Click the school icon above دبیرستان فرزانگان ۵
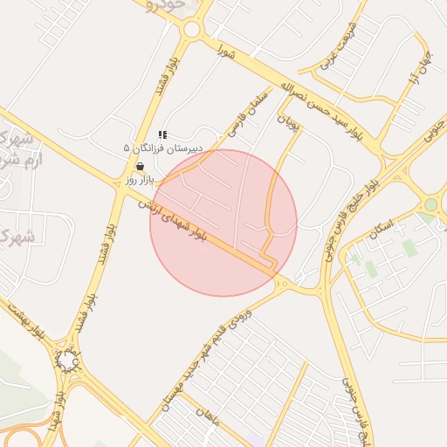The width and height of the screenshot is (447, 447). click(162, 135)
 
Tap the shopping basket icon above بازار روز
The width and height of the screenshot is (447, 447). click(141, 166)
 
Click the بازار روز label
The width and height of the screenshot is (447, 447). click(140, 179)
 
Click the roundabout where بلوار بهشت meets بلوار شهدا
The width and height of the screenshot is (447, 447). click(67, 360)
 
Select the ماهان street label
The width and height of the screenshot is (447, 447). click(210, 420)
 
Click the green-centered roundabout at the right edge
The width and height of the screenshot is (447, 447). click(430, 205)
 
